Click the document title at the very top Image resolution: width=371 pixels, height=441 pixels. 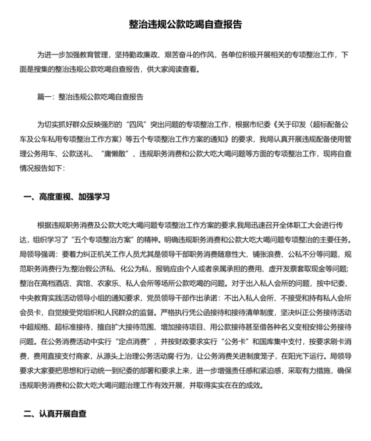pos(185,25)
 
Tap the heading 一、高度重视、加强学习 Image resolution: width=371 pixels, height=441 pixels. pos(66,197)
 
